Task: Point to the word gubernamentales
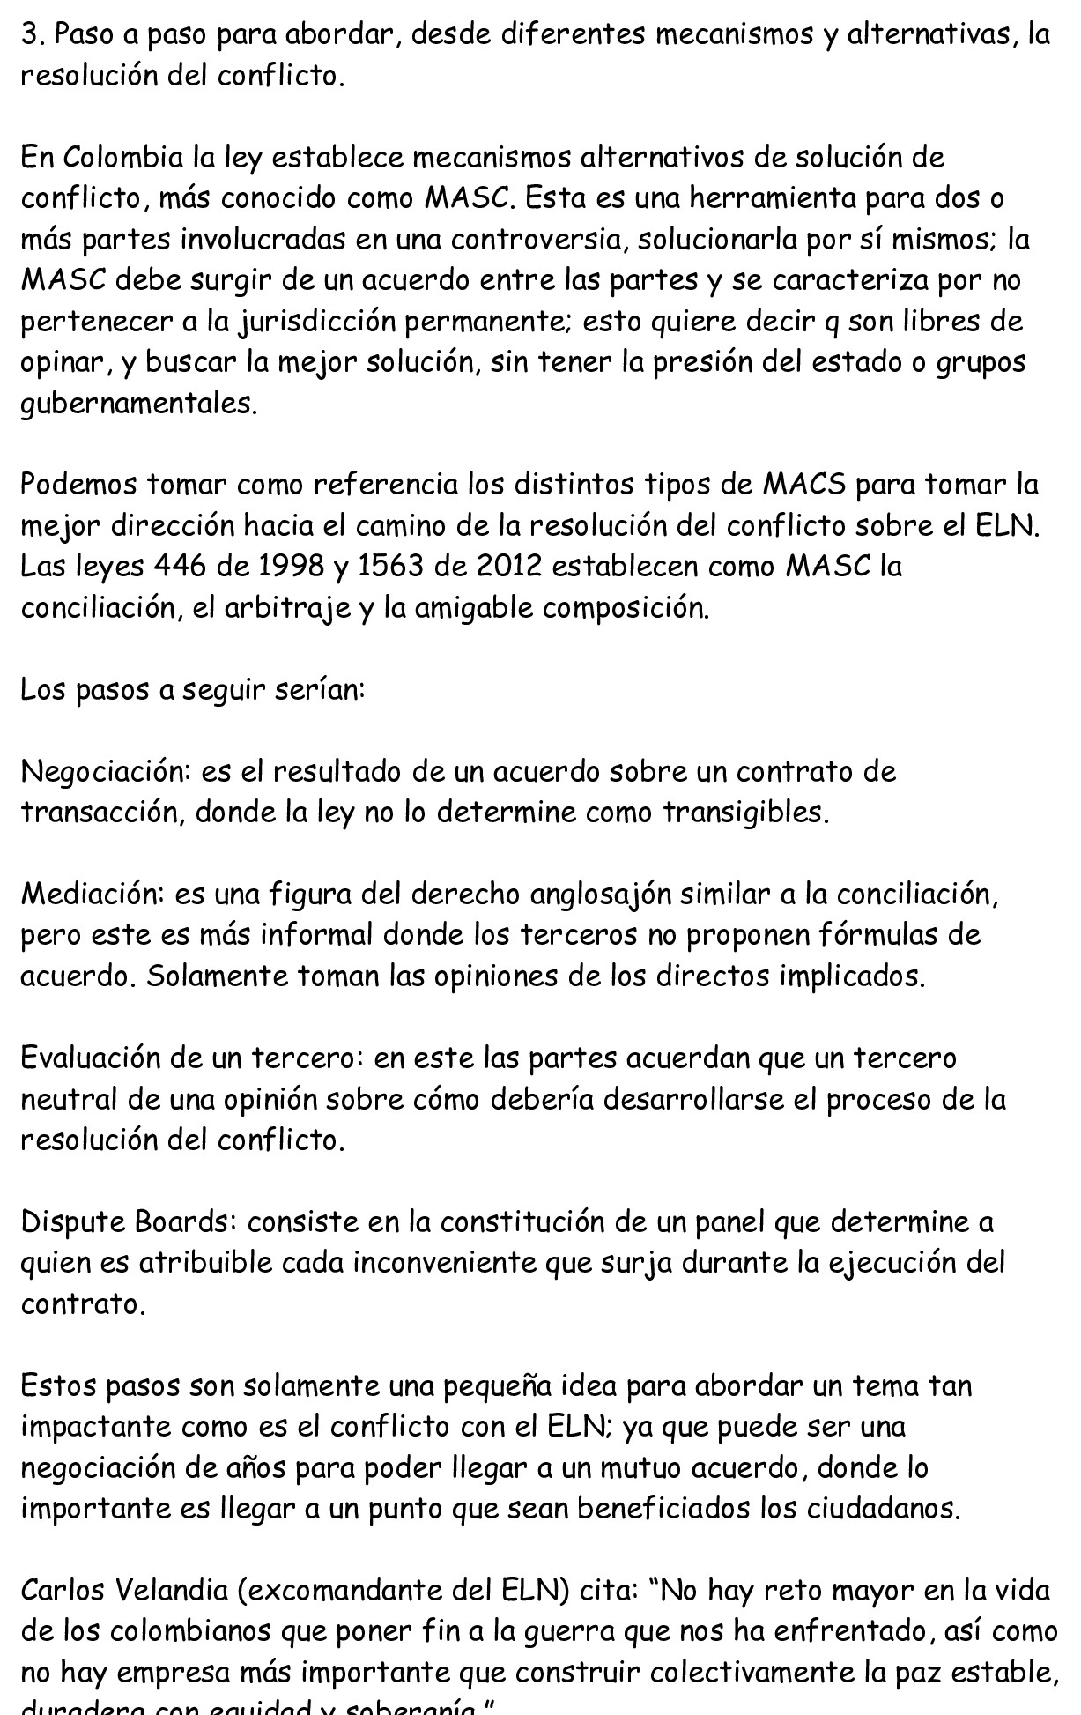tap(139, 405)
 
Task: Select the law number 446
tap(180, 566)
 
